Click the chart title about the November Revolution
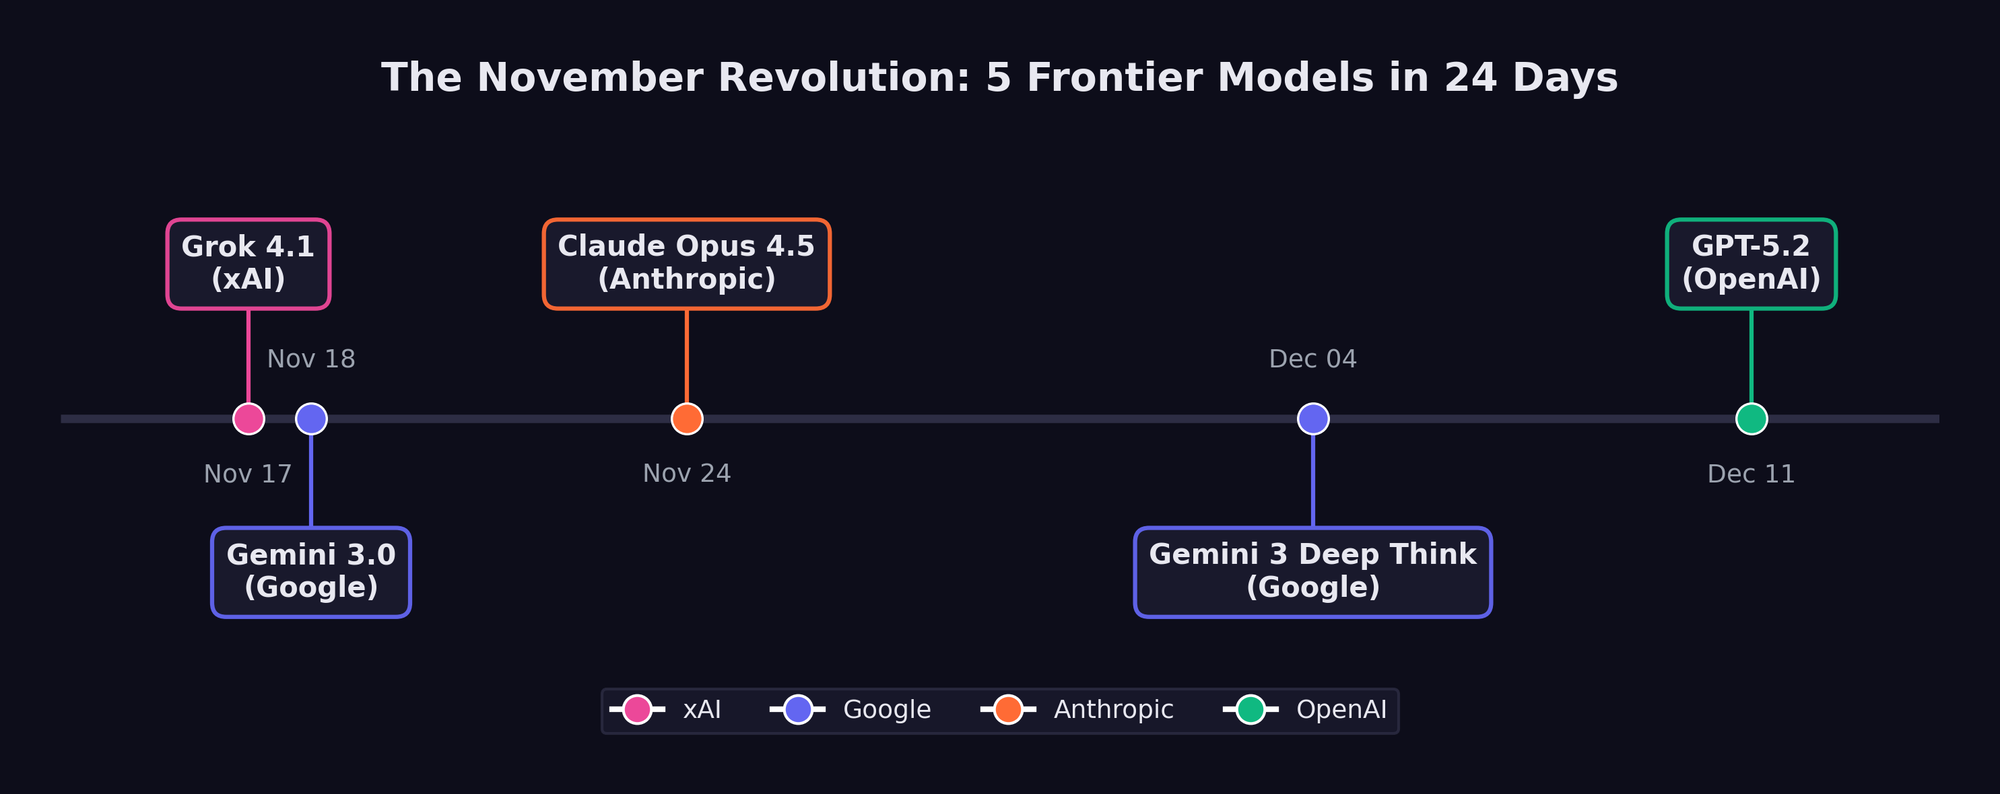point(999,79)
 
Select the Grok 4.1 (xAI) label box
point(248,264)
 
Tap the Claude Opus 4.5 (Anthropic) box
point(686,264)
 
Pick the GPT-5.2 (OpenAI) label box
point(1751,264)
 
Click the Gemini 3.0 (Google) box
point(311,572)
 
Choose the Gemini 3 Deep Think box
point(1313,572)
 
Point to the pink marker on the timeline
point(248,419)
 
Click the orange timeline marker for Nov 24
point(687,419)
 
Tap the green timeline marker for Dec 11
point(1752,419)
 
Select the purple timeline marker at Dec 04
point(1314,419)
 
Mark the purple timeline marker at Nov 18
point(311,419)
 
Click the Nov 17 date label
point(248,474)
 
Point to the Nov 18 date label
point(311,359)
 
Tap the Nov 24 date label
point(687,474)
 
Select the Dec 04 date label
point(1313,359)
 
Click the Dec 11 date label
point(1752,474)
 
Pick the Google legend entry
point(850,709)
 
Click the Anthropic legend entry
point(1077,709)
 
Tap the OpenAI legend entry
point(1305,709)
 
